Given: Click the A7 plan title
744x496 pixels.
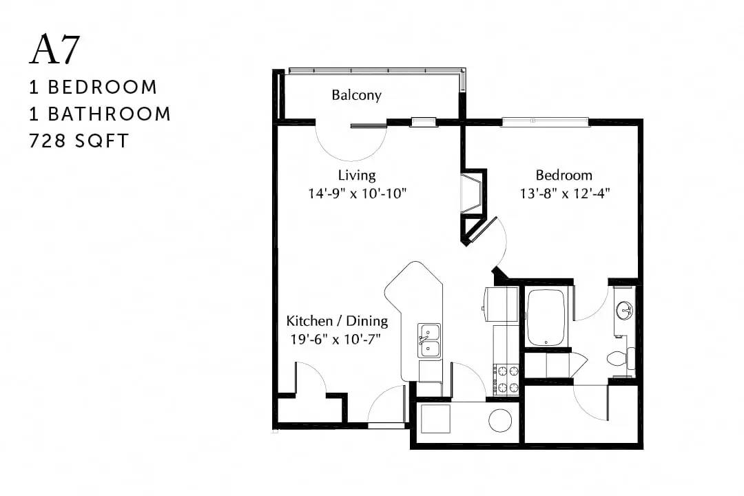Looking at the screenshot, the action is pyautogui.click(x=54, y=50).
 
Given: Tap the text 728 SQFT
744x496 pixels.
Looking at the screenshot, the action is pyautogui.click(x=79, y=141).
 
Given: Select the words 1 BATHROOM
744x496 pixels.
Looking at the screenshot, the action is pyautogui.click(x=100, y=114).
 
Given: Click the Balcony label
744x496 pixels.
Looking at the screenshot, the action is pyautogui.click(x=356, y=95).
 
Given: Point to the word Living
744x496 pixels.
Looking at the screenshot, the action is pyautogui.click(x=357, y=175).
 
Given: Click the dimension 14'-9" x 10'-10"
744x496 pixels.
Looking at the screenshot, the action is pyautogui.click(x=358, y=194).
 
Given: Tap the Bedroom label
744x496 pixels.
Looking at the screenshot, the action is pyautogui.click(x=564, y=175).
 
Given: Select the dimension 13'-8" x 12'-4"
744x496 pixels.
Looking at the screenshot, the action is pyautogui.click(x=565, y=194).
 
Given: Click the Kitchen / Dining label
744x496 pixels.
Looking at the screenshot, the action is pyautogui.click(x=337, y=321).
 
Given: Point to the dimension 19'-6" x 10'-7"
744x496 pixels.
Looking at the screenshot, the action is pyautogui.click(x=336, y=340).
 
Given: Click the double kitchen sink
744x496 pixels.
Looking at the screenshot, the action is pyautogui.click(x=429, y=340).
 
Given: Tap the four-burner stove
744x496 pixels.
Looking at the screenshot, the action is pyautogui.click(x=506, y=380).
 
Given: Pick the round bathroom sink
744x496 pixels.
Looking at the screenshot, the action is pyautogui.click(x=624, y=311).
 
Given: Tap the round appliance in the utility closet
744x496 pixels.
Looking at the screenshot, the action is pyautogui.click(x=501, y=420).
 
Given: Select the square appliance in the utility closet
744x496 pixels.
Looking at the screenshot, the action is pyautogui.click(x=435, y=419).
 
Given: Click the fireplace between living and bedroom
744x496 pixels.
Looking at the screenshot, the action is pyautogui.click(x=473, y=194).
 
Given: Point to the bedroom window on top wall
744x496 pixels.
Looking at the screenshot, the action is pyautogui.click(x=545, y=121).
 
